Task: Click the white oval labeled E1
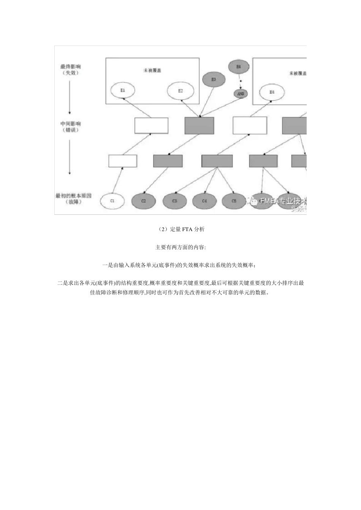point(122,91)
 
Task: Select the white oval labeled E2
point(180,91)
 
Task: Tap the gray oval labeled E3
point(214,79)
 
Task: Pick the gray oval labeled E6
point(239,67)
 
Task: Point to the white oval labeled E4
point(271,92)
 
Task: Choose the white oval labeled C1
point(112,201)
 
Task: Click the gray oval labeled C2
point(143,201)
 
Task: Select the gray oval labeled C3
point(174,201)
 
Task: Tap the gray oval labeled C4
point(204,201)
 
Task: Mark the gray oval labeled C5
point(234,201)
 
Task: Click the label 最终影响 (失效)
point(70,69)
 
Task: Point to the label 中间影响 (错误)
point(70,127)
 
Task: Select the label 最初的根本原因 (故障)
point(73,198)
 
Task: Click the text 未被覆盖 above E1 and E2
point(152,71)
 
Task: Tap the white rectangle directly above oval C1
point(123,161)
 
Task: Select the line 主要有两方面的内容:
point(180,247)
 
